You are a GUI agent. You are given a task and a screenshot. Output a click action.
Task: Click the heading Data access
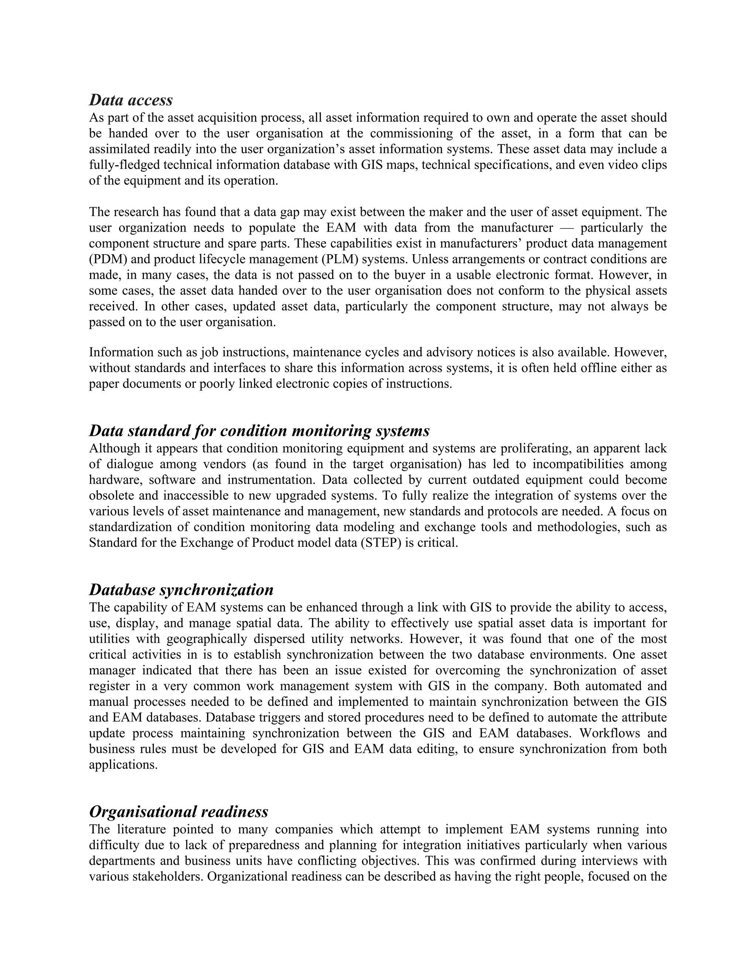131,100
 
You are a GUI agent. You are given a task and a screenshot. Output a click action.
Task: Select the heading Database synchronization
181,590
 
